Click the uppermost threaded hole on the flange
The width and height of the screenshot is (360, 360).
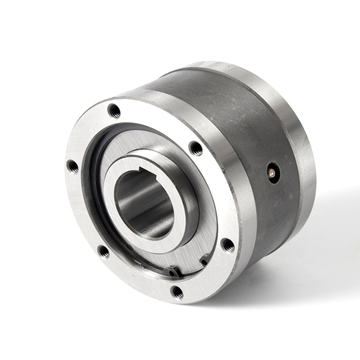pos(114,110)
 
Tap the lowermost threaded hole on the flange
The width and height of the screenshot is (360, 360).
pos(176,292)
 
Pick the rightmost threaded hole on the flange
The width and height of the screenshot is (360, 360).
pos(227,244)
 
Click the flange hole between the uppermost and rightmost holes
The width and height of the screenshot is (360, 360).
pos(195,148)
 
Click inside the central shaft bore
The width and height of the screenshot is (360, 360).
pos(144,204)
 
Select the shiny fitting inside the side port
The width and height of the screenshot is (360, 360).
pos(272,173)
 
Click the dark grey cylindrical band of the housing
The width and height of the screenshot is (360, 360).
pos(240,132)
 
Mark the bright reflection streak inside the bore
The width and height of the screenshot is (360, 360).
pos(129,198)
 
